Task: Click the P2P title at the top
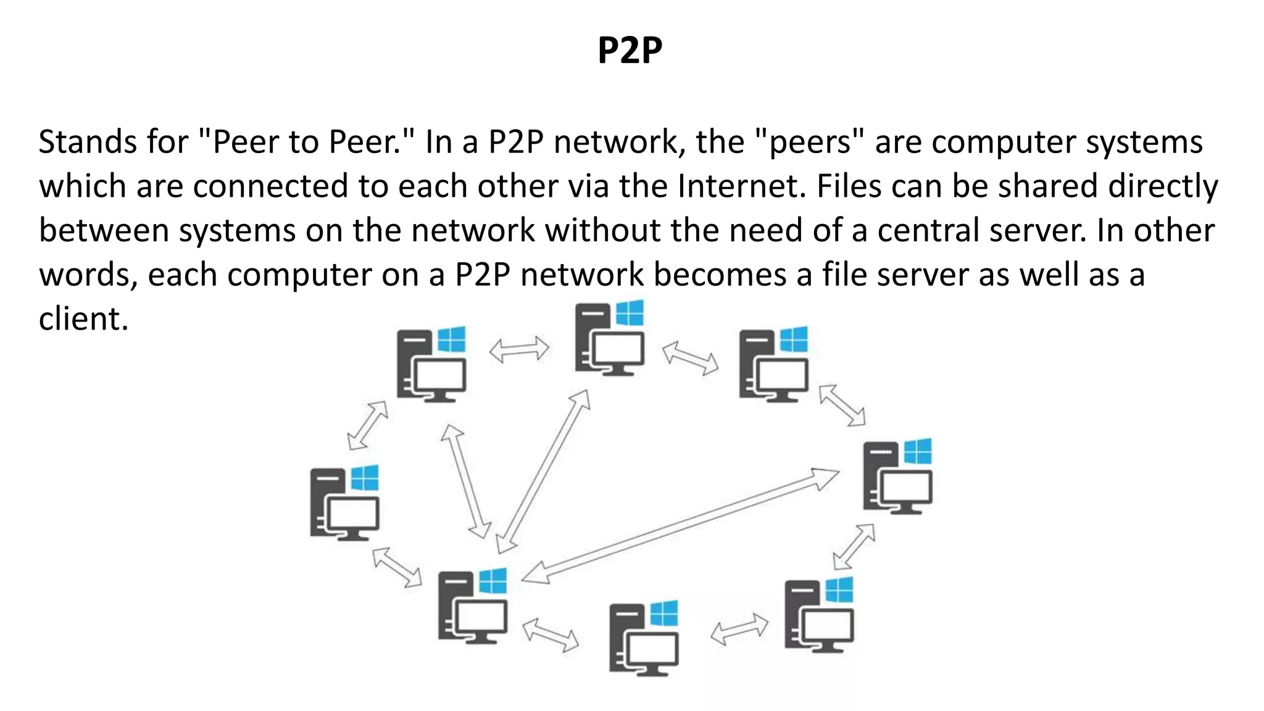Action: pos(630,50)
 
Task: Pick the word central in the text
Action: pos(928,230)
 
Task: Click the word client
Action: pos(83,319)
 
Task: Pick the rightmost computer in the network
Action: pos(897,476)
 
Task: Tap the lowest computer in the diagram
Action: pos(643,638)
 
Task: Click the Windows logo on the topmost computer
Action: pos(630,313)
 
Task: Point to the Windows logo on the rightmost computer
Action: pos(918,451)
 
